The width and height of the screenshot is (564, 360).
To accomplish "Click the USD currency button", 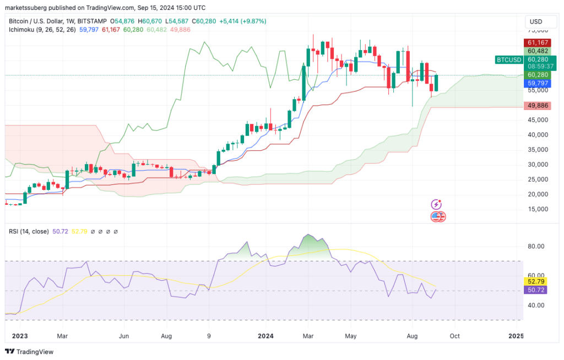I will (x=535, y=21).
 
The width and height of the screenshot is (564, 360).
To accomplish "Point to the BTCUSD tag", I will (x=508, y=59).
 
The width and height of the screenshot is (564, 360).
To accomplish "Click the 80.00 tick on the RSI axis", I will (x=536, y=246).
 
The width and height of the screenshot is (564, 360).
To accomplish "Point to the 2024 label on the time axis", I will (x=266, y=335).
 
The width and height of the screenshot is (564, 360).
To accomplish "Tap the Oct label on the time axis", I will (x=454, y=335).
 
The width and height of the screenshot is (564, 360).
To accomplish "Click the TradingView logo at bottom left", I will (x=30, y=351).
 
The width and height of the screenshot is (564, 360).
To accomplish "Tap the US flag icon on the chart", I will (x=437, y=216).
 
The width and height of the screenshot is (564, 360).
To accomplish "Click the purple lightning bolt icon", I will (x=436, y=205).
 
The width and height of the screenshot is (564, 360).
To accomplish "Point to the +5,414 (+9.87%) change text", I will (x=243, y=21).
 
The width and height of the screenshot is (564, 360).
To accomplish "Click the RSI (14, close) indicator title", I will (x=28, y=231).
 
